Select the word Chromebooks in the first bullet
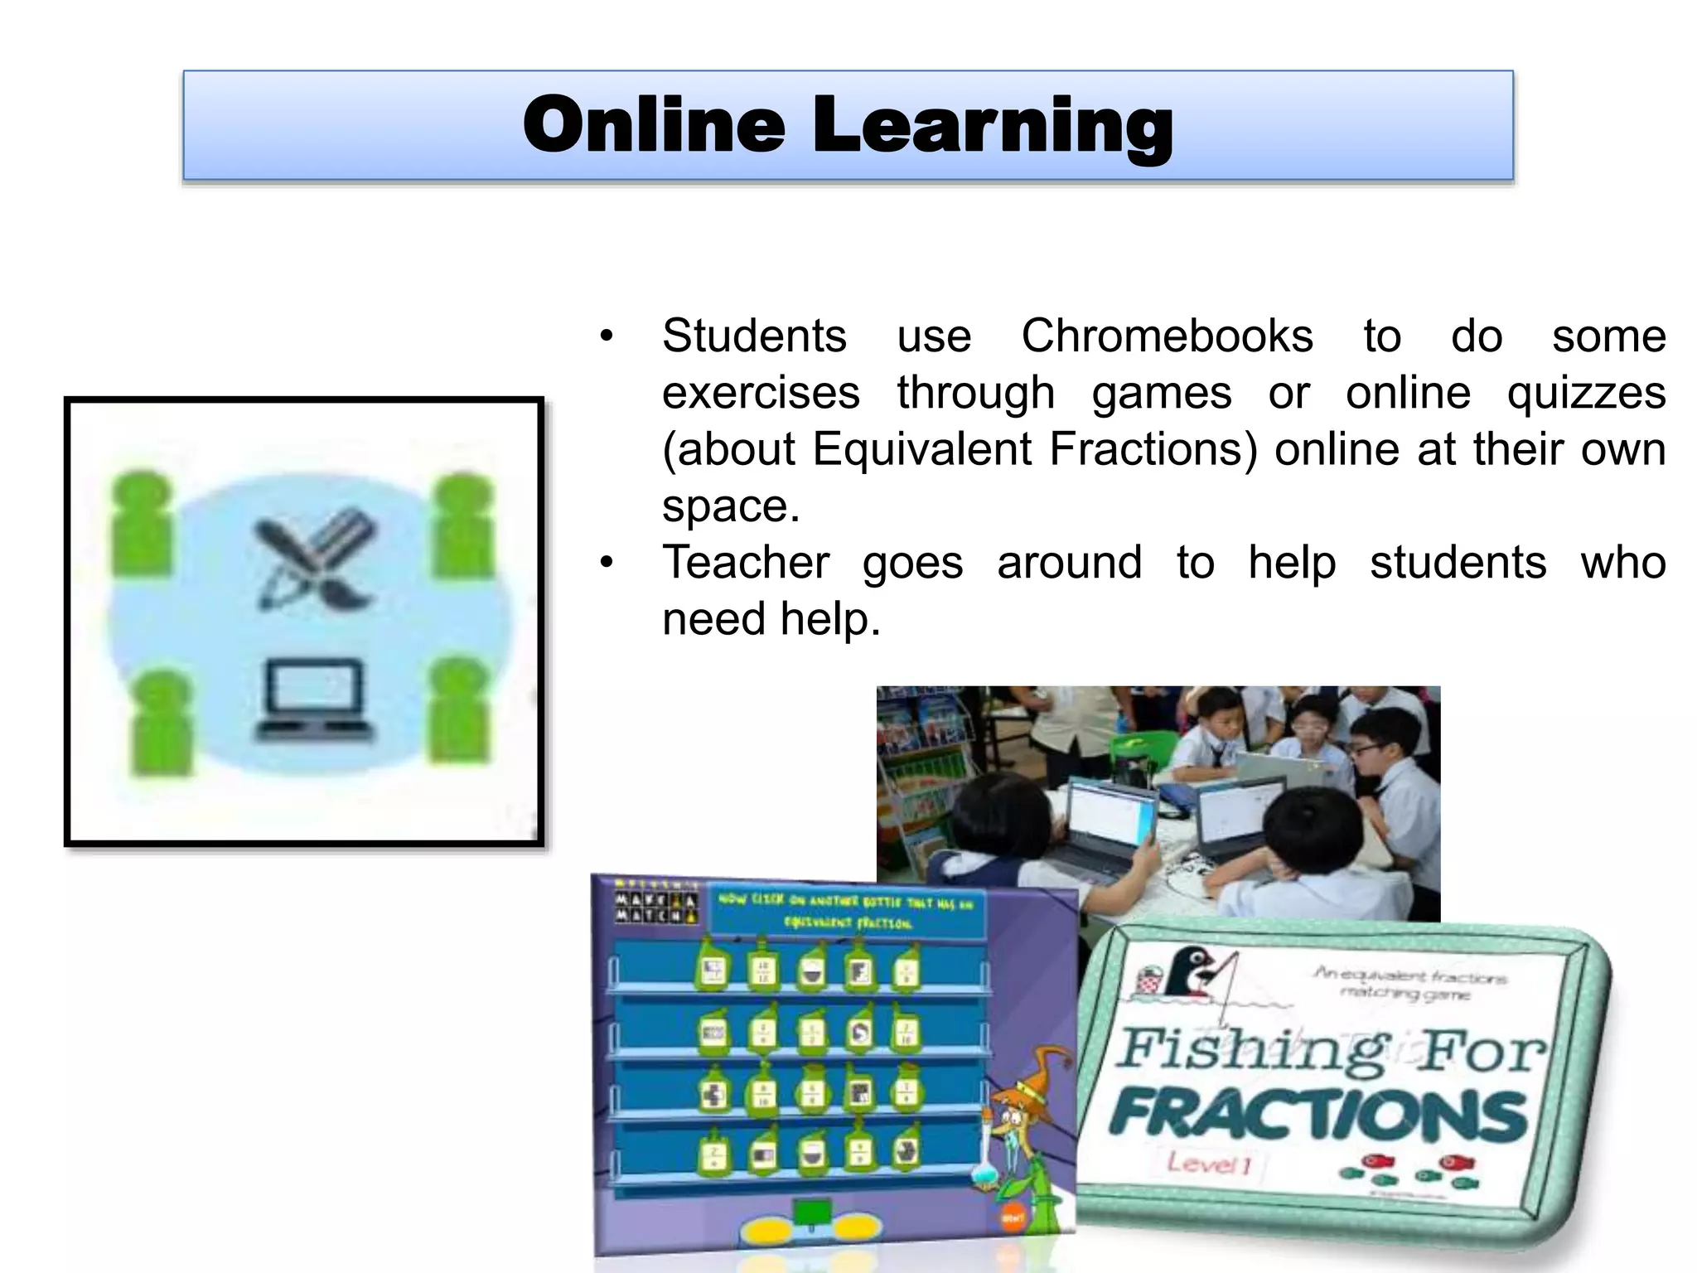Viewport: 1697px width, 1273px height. click(1167, 336)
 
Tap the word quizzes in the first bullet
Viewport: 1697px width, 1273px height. click(1586, 393)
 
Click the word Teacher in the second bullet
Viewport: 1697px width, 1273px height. click(746, 563)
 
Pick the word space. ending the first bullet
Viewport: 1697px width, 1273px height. click(731, 506)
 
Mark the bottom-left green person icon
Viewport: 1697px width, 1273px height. click(161, 723)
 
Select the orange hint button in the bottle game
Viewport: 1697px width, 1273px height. click(1013, 1218)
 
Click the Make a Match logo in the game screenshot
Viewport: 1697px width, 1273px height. click(655, 907)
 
